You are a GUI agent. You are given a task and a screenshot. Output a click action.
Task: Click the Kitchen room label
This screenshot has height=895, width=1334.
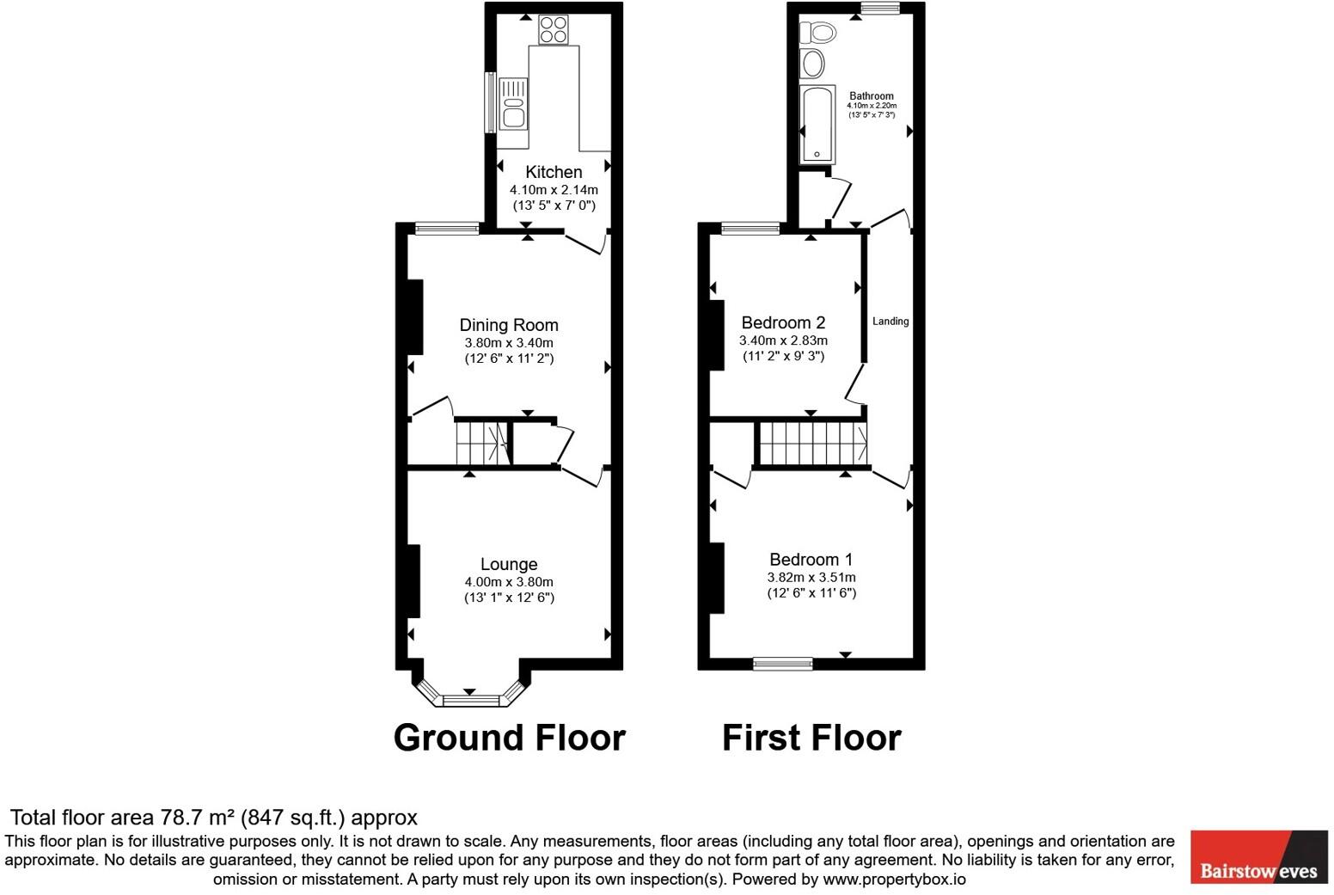(554, 172)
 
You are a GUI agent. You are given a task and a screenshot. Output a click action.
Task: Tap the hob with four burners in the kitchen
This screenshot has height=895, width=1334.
(554, 30)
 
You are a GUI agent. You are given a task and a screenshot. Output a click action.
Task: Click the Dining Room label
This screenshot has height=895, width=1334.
(509, 325)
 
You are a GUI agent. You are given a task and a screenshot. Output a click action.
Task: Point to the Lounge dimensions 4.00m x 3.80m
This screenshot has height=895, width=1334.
(509, 582)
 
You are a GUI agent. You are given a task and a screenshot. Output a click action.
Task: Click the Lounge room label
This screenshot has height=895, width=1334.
(509, 564)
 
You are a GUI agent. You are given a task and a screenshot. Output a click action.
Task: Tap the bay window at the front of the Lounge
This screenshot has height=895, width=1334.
(470, 699)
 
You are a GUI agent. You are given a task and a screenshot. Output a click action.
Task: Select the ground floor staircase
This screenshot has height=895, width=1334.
(481, 443)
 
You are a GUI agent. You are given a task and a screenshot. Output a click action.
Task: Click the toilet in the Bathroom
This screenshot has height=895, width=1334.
(817, 34)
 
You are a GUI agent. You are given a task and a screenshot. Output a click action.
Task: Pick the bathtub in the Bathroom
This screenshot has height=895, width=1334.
(817, 124)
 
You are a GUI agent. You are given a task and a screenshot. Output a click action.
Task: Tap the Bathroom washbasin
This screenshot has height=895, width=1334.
(812, 64)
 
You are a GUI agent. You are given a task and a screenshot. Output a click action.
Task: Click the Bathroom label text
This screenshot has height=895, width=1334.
(872, 96)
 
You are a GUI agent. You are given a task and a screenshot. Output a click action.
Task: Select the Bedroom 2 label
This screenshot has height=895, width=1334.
(783, 323)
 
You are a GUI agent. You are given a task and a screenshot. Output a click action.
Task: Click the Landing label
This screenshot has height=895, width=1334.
(890, 322)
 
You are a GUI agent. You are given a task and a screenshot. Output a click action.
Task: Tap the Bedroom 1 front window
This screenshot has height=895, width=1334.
(782, 663)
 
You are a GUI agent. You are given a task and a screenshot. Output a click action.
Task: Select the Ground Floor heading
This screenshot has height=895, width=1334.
(509, 738)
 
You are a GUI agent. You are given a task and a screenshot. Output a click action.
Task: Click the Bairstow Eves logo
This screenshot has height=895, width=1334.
(1258, 856)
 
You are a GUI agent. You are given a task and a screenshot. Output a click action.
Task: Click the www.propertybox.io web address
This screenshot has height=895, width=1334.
(894, 880)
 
